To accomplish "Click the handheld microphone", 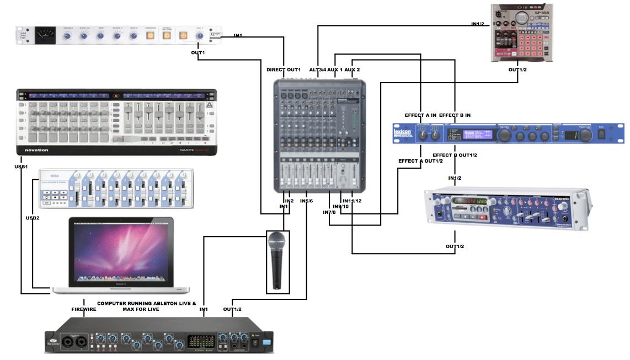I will point(276,259).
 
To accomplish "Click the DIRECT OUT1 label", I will point(284,69).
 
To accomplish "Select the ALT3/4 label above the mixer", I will point(317,69).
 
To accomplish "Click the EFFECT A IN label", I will point(420,115).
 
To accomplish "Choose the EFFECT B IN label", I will point(455,115).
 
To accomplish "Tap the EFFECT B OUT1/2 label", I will point(455,155).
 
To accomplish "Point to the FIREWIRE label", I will point(84,309).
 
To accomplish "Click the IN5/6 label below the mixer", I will point(306,201).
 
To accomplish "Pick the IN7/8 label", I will point(330,213).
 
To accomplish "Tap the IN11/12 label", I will point(352,201).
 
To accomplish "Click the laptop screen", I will point(120,251).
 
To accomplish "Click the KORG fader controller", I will point(116,189).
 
